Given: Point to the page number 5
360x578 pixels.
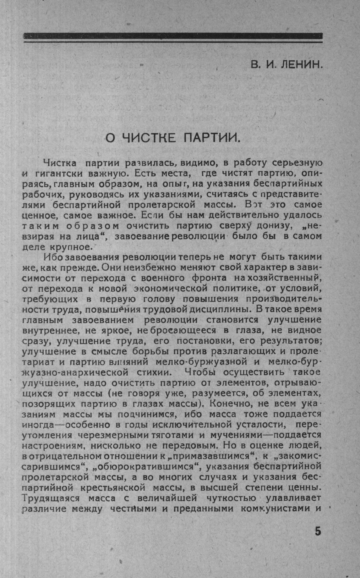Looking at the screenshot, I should (x=318, y=532).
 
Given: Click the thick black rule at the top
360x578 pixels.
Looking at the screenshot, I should (x=173, y=36).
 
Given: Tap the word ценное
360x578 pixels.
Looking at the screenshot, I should (x=41, y=216).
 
